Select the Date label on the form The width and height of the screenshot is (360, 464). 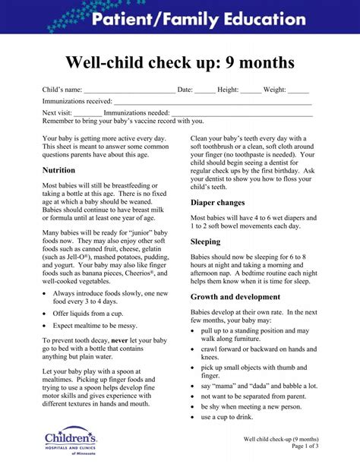click(x=185, y=90)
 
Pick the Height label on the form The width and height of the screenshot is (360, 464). click(x=228, y=90)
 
